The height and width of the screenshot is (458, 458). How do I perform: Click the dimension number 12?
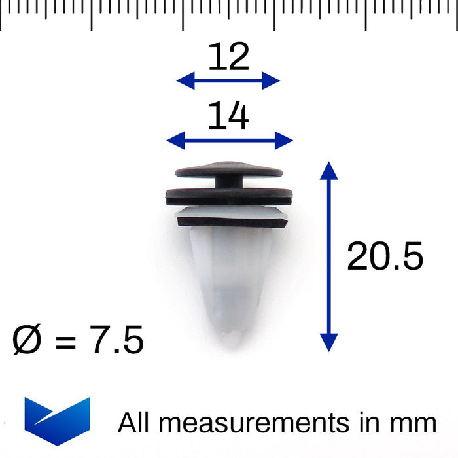coord(229,56)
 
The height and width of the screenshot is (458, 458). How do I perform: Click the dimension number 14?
coord(228,115)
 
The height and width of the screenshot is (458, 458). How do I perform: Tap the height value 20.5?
coord(385,256)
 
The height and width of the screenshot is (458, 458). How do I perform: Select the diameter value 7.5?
coord(116,340)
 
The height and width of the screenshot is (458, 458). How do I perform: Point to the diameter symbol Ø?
coord(27,340)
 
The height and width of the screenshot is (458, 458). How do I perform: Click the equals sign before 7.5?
coord(65,342)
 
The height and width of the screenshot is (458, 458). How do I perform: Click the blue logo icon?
coord(58,421)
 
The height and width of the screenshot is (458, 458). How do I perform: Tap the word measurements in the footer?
coord(254,423)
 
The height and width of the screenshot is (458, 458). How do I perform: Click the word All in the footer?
coord(133,422)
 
